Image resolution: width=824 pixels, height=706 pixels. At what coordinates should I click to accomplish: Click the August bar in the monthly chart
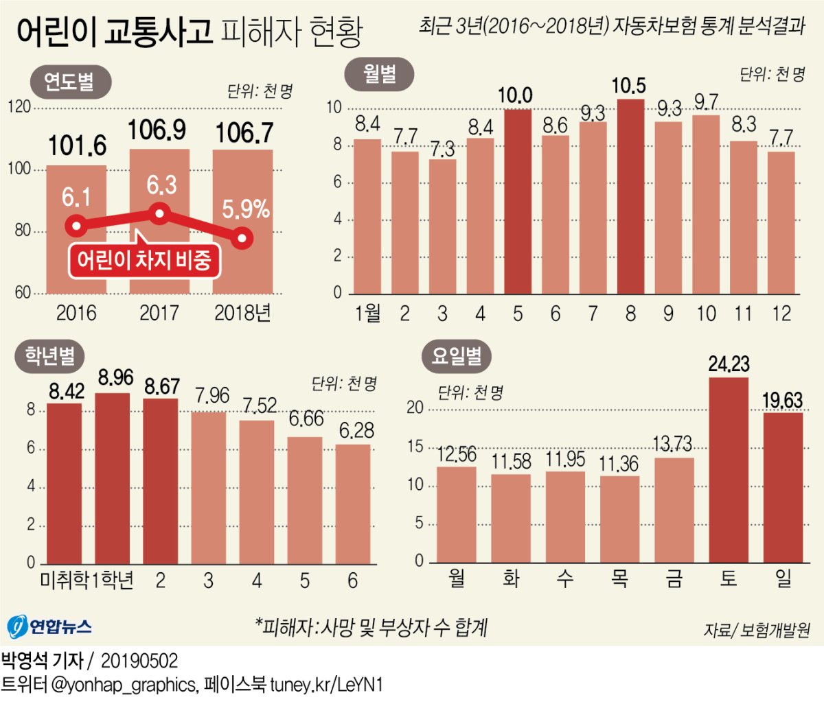click(x=630, y=196)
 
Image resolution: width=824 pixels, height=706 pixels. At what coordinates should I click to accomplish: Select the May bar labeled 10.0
click(x=518, y=202)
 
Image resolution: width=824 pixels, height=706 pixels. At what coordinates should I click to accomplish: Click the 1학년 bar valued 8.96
click(x=113, y=478)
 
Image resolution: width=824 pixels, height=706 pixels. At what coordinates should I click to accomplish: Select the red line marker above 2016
click(x=76, y=225)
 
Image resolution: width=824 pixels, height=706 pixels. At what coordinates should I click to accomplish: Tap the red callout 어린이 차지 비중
click(x=144, y=261)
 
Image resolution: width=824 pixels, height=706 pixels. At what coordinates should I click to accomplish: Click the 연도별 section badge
click(x=70, y=82)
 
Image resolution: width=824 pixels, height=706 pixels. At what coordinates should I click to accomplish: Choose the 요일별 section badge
click(x=457, y=356)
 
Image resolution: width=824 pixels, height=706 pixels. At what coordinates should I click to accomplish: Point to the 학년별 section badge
click(x=50, y=355)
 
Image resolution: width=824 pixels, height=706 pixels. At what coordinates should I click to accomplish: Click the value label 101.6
click(x=77, y=145)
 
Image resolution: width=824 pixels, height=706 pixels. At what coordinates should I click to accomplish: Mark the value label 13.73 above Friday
click(x=672, y=444)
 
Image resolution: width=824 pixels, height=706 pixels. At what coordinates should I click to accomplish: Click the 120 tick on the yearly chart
click(x=20, y=107)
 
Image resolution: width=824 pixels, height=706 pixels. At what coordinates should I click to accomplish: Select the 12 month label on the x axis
click(x=781, y=314)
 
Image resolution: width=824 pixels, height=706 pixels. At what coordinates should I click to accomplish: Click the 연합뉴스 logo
click(x=49, y=626)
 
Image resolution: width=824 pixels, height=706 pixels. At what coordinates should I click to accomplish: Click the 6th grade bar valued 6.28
click(x=353, y=504)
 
